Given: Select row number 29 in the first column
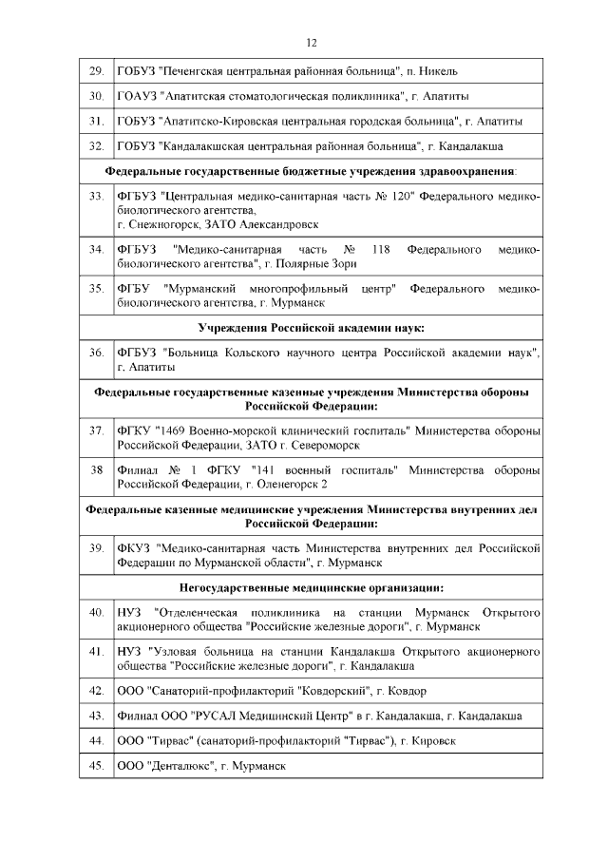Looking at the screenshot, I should [x=96, y=71].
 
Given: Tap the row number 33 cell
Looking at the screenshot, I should [x=96, y=196].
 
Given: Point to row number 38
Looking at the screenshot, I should [x=96, y=471].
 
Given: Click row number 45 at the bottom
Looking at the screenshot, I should [x=96, y=765].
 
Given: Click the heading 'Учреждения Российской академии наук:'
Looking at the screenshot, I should [x=311, y=327].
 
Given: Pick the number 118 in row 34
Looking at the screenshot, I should [x=382, y=249].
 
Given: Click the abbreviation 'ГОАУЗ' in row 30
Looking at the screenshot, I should [x=136, y=97].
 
